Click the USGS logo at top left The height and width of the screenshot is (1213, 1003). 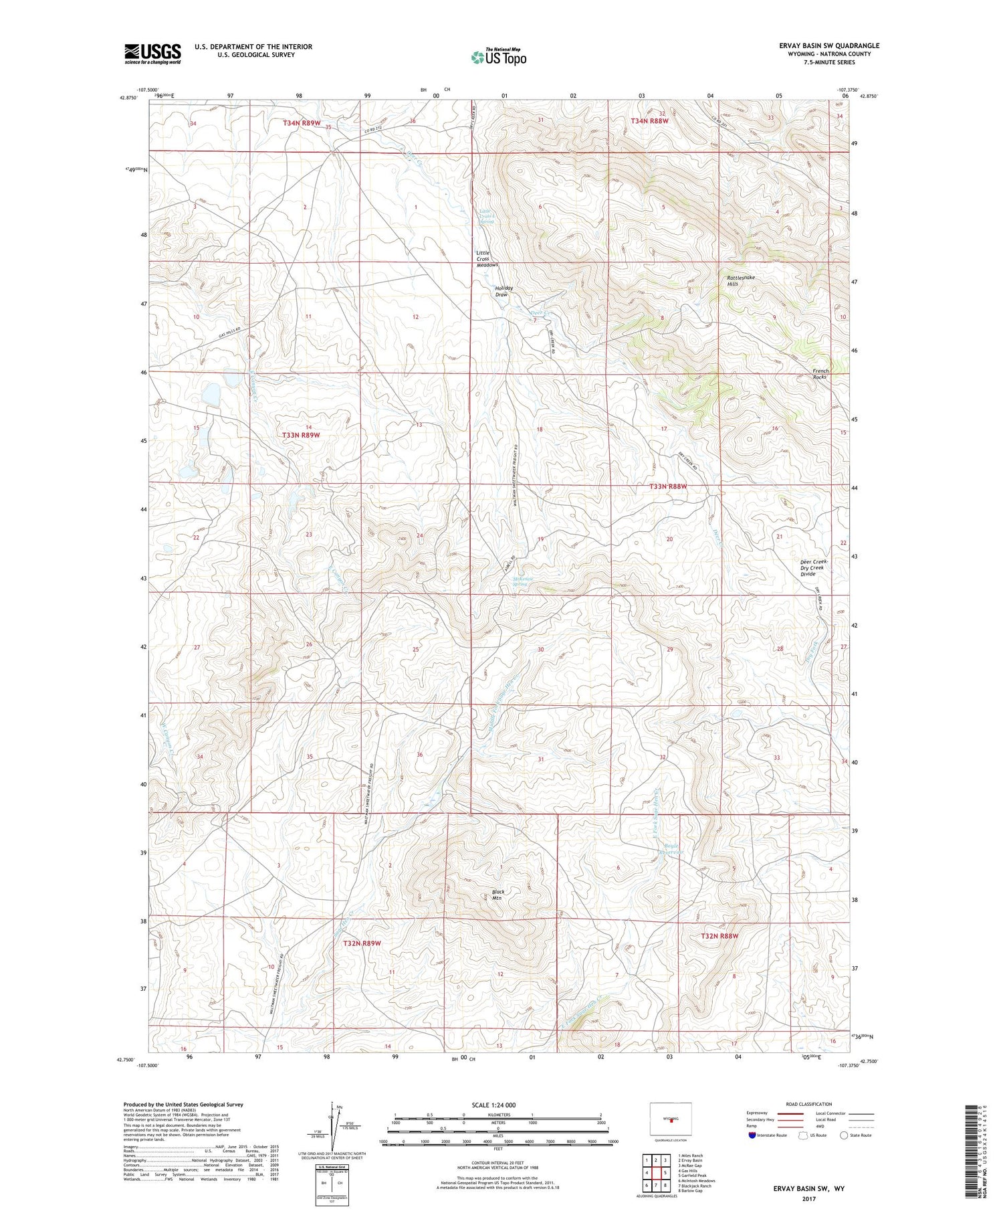tap(152, 54)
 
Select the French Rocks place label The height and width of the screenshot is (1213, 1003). tap(820, 373)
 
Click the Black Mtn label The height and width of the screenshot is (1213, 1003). tap(498, 895)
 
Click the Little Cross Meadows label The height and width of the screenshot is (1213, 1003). tap(486, 259)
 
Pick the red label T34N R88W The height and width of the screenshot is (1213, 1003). tap(649, 121)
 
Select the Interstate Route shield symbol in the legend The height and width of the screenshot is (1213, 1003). tap(752, 1135)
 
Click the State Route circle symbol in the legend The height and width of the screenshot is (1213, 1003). tap(844, 1135)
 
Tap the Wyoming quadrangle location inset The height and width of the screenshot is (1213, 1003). tap(670, 1119)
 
